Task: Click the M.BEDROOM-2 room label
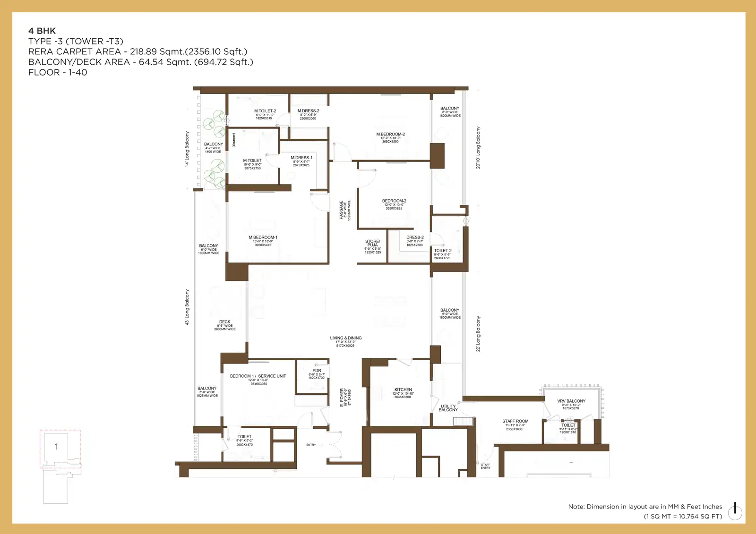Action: click(390, 135)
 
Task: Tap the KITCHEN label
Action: click(403, 390)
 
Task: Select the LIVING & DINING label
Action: click(345, 338)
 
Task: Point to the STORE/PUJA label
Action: click(372, 243)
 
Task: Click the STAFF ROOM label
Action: click(515, 421)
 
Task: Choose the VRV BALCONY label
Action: click(571, 401)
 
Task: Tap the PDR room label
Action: click(317, 371)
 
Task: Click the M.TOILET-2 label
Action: click(265, 111)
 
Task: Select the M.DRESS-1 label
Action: click(301, 158)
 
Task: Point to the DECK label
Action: click(225, 322)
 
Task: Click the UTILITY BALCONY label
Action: click(448, 408)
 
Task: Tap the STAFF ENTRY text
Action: click(485, 466)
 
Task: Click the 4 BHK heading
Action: click(42, 31)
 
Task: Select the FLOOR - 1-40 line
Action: click(58, 72)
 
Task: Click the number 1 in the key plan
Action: click(56, 447)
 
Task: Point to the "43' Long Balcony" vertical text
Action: click(187, 307)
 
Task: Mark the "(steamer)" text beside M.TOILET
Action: click(233, 140)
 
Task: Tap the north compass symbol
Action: click(735, 511)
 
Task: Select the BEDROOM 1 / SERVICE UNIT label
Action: click(258, 376)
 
